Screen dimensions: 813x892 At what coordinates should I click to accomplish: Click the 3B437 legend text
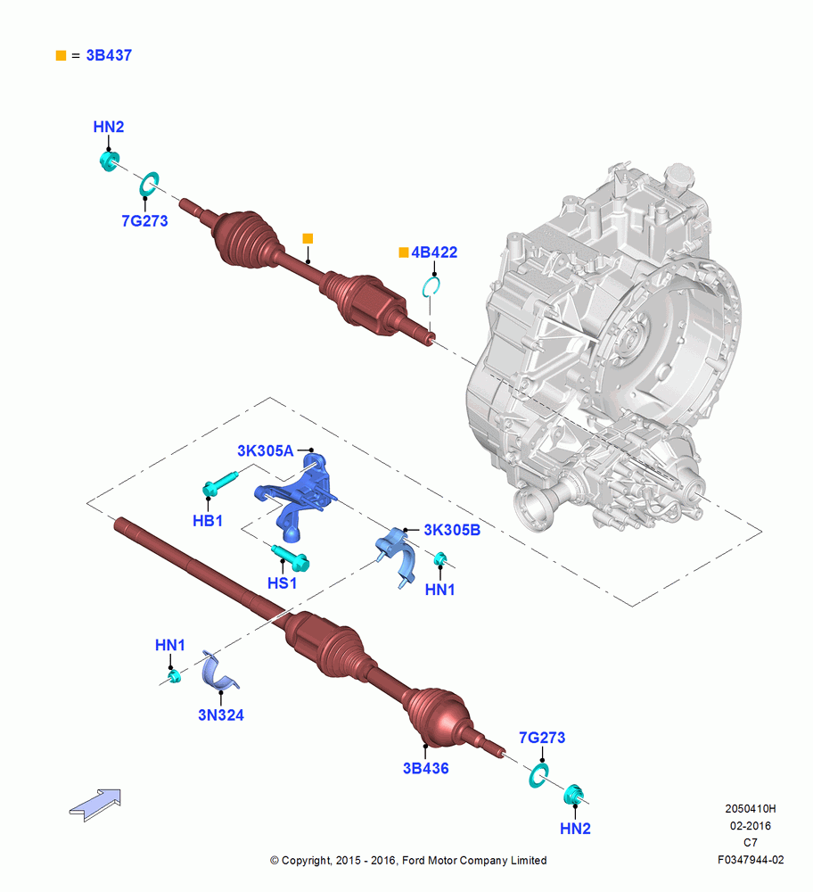click(109, 55)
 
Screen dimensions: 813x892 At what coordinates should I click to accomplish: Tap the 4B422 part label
click(434, 252)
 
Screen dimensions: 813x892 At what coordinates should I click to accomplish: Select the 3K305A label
click(265, 450)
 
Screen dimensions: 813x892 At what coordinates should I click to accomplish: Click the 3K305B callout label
click(452, 530)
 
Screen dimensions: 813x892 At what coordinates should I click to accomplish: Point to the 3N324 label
click(220, 715)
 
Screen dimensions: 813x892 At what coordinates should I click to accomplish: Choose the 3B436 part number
click(426, 769)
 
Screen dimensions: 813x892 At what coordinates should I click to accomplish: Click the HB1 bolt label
click(208, 521)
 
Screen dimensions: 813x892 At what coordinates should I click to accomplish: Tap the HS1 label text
click(282, 583)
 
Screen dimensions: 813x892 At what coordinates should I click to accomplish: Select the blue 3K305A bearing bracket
click(296, 495)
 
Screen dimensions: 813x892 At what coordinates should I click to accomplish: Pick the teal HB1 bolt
click(219, 483)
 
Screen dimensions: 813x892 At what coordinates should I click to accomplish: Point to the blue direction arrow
click(95, 805)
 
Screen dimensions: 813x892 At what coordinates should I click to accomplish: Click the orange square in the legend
click(61, 55)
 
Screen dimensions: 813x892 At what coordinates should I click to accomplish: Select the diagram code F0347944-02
click(751, 860)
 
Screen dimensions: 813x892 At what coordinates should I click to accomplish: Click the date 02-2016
click(751, 825)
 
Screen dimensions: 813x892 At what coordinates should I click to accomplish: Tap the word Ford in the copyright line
click(414, 860)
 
